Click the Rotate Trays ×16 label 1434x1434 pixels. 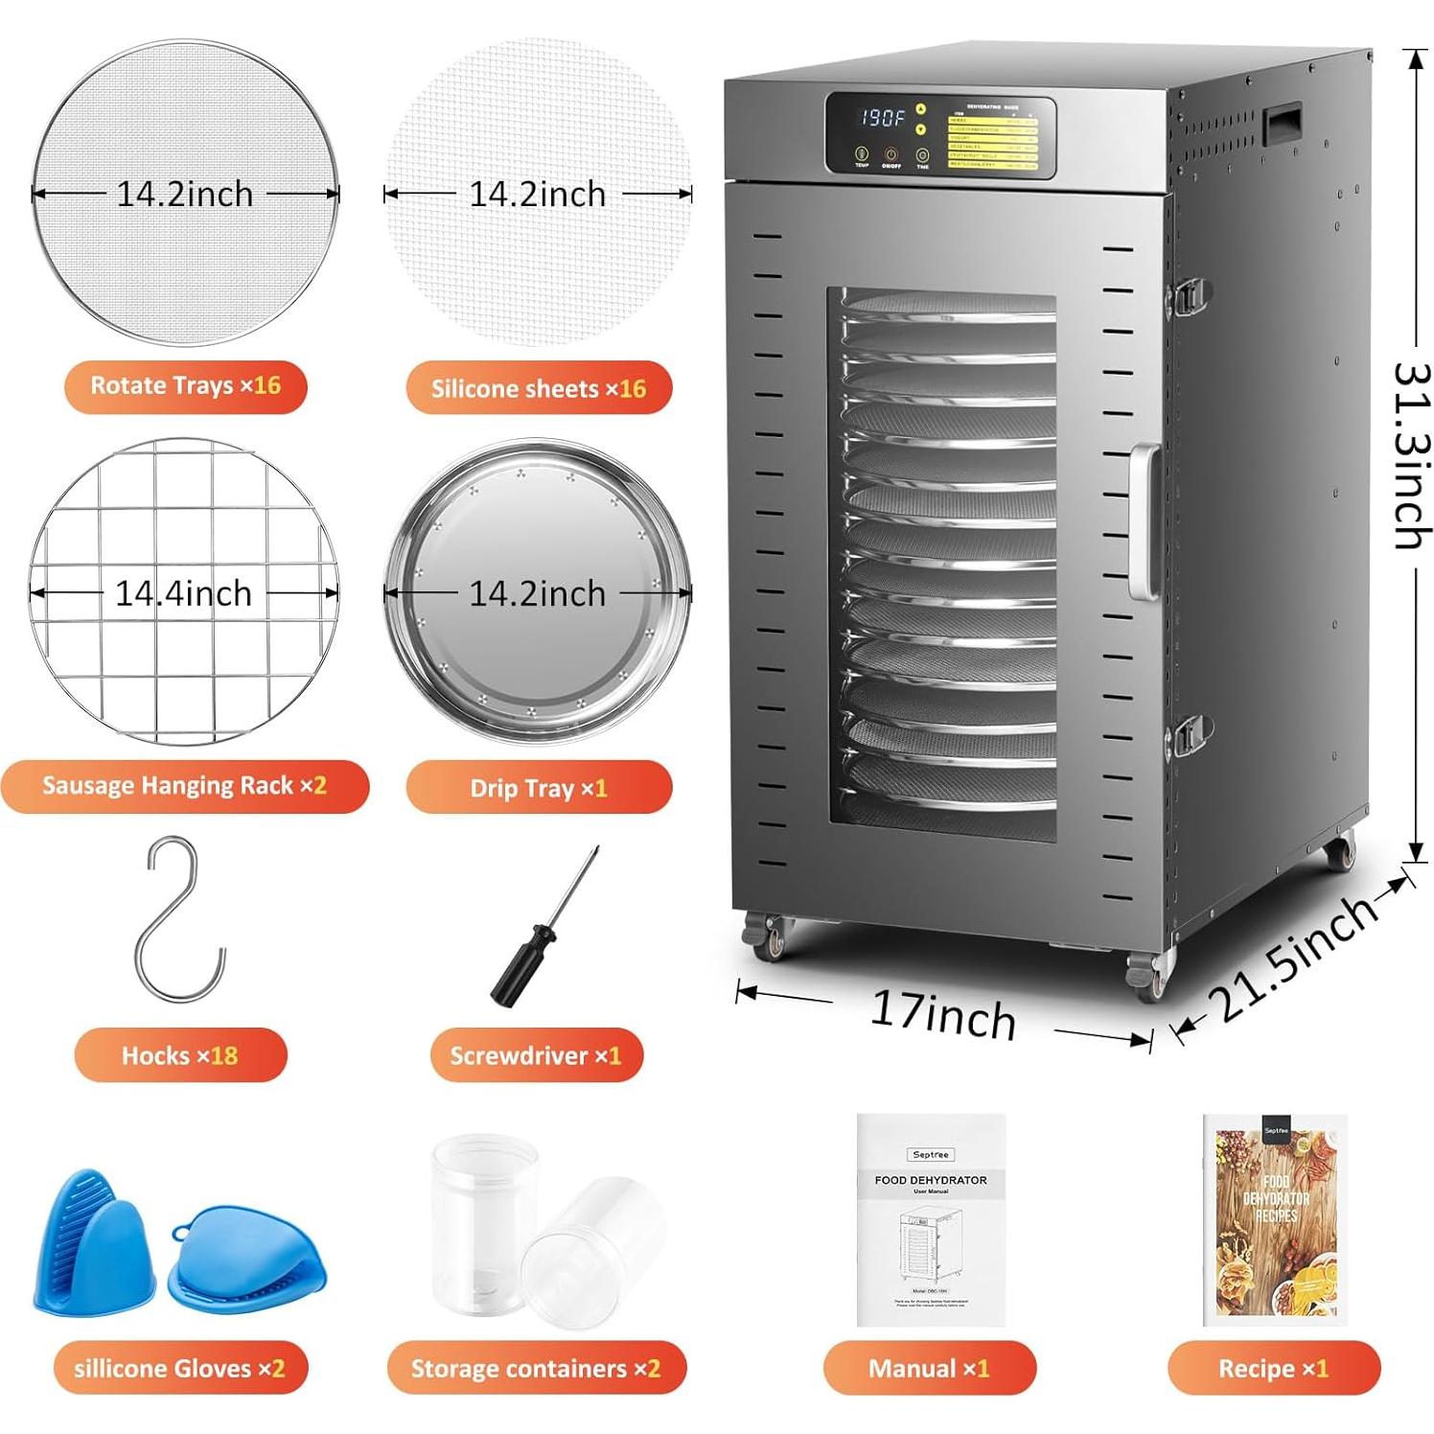pos(185,386)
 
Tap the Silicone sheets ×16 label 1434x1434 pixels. pos(538,388)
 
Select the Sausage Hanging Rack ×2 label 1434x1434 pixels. pos(184,786)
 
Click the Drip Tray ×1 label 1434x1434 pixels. pos(538,788)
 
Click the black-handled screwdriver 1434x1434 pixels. pos(542,930)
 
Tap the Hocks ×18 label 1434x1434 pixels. pos(179,1055)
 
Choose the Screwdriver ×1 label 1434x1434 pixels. pos(535,1055)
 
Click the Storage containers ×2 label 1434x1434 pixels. pos(536,1368)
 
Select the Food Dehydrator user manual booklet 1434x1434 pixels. pos(930,1219)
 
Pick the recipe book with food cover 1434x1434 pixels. pos(1275,1219)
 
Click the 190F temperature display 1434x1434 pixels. pos(882,118)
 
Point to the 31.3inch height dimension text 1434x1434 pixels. pos(1411,455)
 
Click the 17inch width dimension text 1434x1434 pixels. pos(943,1016)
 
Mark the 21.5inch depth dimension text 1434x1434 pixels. pos(1294,959)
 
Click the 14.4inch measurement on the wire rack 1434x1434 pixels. pos(183,593)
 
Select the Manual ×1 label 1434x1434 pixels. pos(929,1368)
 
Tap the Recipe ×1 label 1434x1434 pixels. pos(1273,1368)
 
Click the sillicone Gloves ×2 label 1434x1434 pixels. pos(179,1368)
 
